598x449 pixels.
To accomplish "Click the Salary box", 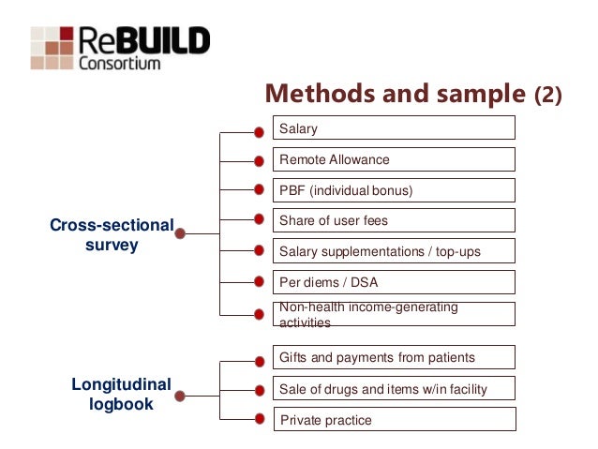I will (394, 128).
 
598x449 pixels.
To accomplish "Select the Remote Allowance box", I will (394, 159).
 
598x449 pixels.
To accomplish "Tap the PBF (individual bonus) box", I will (394, 190).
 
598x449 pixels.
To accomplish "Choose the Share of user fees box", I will (394, 221).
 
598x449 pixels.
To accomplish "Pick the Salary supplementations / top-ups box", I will (394, 251).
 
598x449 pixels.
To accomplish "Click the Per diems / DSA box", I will (394, 282).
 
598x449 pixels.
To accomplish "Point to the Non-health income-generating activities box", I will (394, 314).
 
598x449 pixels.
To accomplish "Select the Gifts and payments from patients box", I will (394, 357).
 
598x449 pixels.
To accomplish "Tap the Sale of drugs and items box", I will (394, 389).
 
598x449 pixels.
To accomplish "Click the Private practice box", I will (394, 420).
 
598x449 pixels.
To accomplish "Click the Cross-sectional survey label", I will (112, 234).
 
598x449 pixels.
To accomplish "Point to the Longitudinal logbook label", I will (121, 394).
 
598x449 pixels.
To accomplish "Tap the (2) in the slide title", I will (548, 96).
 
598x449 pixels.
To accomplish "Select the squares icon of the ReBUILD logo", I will (52, 47).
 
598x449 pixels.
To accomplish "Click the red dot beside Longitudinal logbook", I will (180, 396).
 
